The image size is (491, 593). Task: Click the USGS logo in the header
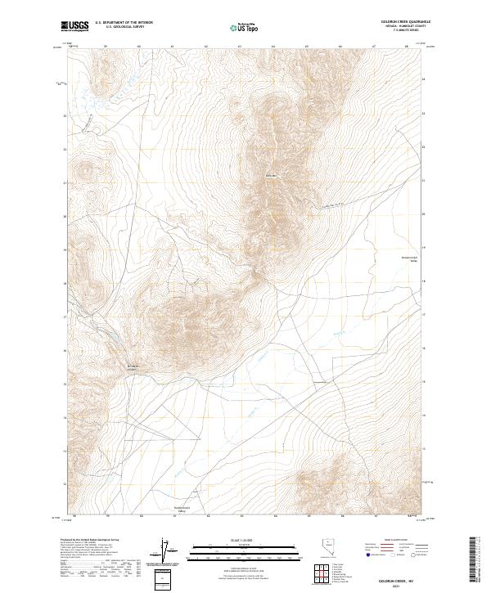[x=75, y=26]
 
